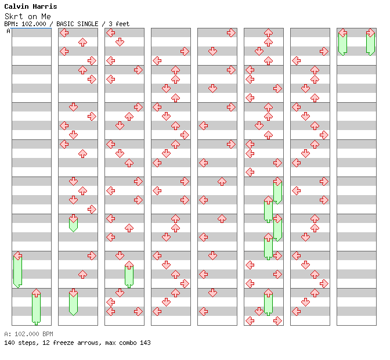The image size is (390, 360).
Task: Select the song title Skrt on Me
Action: point(27,16)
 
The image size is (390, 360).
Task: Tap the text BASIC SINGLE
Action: point(79,24)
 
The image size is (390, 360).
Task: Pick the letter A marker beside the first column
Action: point(8,31)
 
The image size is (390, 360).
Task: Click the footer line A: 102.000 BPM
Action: point(28,334)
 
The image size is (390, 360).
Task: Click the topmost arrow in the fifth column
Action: point(231,33)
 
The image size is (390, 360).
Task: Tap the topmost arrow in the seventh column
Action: point(324,51)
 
